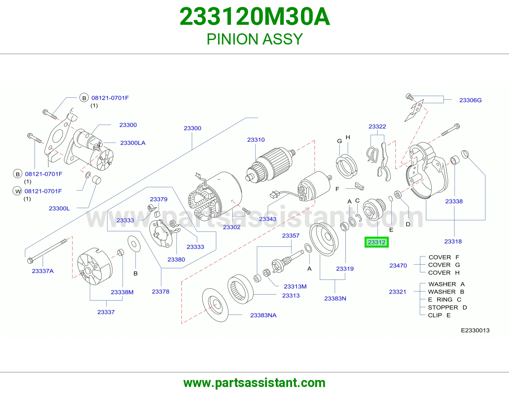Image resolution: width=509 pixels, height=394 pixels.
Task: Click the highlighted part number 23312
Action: click(x=376, y=242)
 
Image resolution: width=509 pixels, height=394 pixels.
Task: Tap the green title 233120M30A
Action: click(x=254, y=17)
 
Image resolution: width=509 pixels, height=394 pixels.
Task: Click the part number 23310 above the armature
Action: click(x=256, y=140)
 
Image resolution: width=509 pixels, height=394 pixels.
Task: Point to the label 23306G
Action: click(x=471, y=100)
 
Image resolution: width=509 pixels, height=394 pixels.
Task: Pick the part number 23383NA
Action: click(x=263, y=315)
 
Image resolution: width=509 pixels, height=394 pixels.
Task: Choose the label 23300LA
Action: click(x=133, y=143)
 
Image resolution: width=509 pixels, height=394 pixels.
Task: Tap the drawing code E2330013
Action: click(x=475, y=330)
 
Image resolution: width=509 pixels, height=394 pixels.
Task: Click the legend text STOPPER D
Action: click(x=447, y=308)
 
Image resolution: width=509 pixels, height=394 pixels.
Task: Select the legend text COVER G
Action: click(x=444, y=265)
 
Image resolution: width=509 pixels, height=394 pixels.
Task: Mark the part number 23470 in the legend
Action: click(x=398, y=266)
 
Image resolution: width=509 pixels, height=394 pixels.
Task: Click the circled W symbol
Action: click(x=17, y=191)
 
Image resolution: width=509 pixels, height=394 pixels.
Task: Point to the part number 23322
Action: click(x=377, y=126)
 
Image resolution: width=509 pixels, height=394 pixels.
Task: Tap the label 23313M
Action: click(x=295, y=286)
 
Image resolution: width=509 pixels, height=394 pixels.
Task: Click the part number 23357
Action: click(x=291, y=235)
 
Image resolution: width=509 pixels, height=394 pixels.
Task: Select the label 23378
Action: click(x=160, y=291)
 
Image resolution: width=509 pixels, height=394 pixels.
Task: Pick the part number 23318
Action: click(x=453, y=241)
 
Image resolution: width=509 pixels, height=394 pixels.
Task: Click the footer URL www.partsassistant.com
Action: click(x=254, y=383)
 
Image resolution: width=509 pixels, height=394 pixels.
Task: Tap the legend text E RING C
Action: click(x=445, y=300)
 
